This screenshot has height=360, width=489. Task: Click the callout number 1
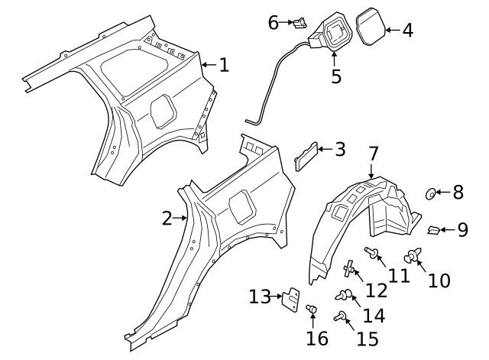tap(223, 65)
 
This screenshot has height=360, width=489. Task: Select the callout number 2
tap(167, 219)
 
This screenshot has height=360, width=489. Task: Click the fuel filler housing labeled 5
tap(332, 34)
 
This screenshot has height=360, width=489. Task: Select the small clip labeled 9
tap(432, 229)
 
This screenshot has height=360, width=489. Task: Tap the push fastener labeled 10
tap(415, 257)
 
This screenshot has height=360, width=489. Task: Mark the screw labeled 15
tap(340, 315)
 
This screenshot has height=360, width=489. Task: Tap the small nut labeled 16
tap(312, 309)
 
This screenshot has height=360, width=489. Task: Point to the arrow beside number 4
tap(391, 31)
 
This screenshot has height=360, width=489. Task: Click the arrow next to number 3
tap(322, 149)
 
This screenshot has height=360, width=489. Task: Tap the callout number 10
tap(439, 281)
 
